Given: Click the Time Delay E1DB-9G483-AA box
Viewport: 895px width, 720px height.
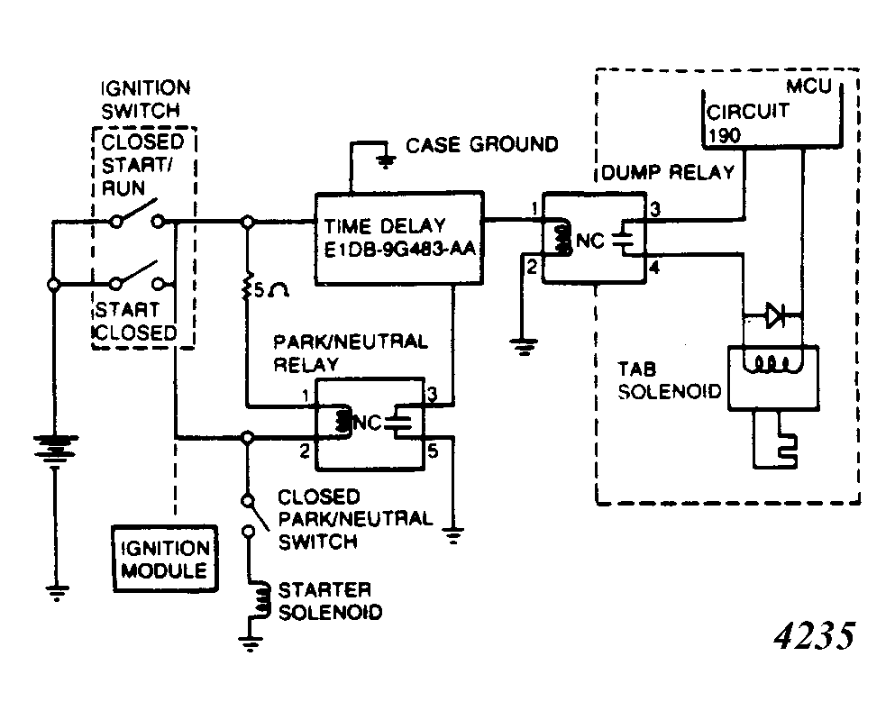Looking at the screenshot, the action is [x=399, y=238].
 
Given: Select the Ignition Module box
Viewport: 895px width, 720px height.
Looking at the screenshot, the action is [x=165, y=559].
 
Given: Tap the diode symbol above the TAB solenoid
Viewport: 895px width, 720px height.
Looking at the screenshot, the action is [x=775, y=314].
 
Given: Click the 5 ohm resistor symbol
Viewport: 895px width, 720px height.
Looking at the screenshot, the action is [x=247, y=287].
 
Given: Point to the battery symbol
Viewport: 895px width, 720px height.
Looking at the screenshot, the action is [x=55, y=447].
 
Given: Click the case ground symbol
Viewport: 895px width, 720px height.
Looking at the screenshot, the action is [x=387, y=161].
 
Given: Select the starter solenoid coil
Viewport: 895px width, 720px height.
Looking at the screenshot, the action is [x=262, y=599].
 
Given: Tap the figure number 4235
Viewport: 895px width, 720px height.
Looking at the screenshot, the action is [x=815, y=635].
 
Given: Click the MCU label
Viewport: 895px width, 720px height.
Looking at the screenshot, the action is [x=808, y=87].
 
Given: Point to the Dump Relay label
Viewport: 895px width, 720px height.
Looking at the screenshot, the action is [x=668, y=172].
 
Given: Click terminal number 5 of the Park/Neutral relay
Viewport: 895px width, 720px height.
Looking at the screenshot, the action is [x=433, y=451].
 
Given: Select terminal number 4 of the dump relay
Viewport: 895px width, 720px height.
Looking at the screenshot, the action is [x=654, y=267].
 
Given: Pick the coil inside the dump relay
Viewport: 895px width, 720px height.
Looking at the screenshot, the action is [x=562, y=240].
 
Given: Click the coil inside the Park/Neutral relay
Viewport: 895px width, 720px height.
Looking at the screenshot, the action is [x=342, y=421].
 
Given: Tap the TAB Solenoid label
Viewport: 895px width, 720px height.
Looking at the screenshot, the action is [x=670, y=380].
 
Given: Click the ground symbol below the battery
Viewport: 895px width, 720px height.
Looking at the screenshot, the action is [x=56, y=592].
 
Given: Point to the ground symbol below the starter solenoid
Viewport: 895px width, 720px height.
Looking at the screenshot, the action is [x=250, y=643].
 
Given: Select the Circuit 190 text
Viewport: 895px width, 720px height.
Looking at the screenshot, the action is [x=748, y=123].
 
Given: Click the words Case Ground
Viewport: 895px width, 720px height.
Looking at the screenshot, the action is [x=481, y=145].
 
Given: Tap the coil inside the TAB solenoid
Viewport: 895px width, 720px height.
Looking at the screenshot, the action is [x=769, y=363].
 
